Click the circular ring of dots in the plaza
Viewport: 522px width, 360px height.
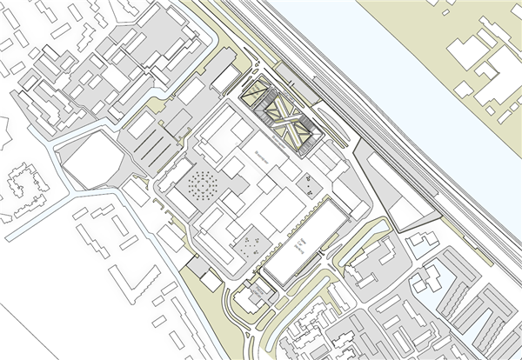(x=202, y=185)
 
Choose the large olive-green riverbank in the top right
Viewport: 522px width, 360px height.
(x=435, y=17)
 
